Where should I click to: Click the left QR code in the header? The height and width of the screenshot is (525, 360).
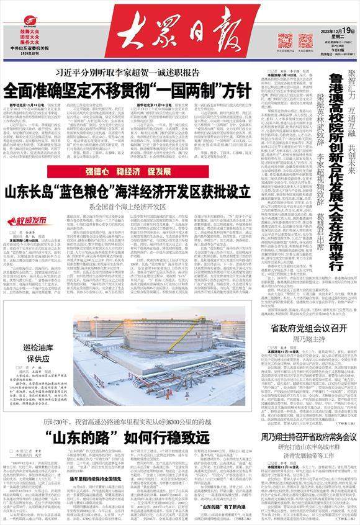pyautogui.click(x=285, y=41)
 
